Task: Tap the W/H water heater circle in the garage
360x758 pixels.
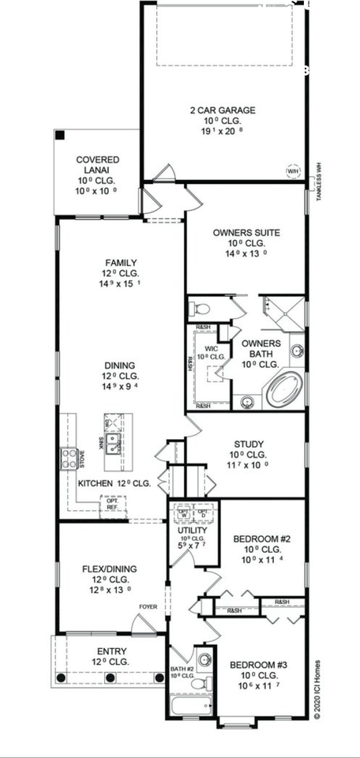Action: tap(292, 171)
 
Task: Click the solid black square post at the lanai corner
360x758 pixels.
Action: tap(60, 135)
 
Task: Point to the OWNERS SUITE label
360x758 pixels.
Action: tap(246, 233)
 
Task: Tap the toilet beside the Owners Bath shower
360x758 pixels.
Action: tap(201, 308)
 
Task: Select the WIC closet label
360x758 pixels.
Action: tap(211, 348)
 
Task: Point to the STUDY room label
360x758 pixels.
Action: tap(249, 444)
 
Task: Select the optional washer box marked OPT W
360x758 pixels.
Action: tap(183, 511)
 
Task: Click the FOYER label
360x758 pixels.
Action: tap(148, 607)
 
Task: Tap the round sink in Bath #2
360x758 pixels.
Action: tap(204, 658)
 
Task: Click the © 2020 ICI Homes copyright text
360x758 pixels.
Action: tap(317, 687)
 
